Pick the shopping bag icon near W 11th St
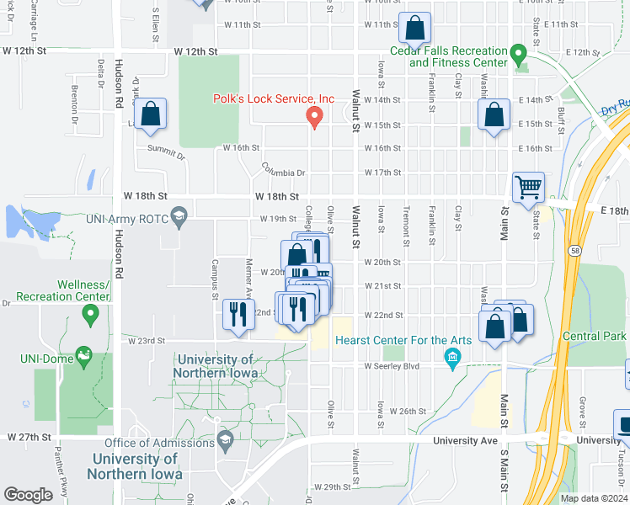click(415, 28)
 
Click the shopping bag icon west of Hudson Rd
click(151, 115)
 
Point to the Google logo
click(28, 495)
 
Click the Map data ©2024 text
click(593, 498)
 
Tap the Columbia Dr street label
click(282, 171)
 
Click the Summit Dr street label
click(166, 152)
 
